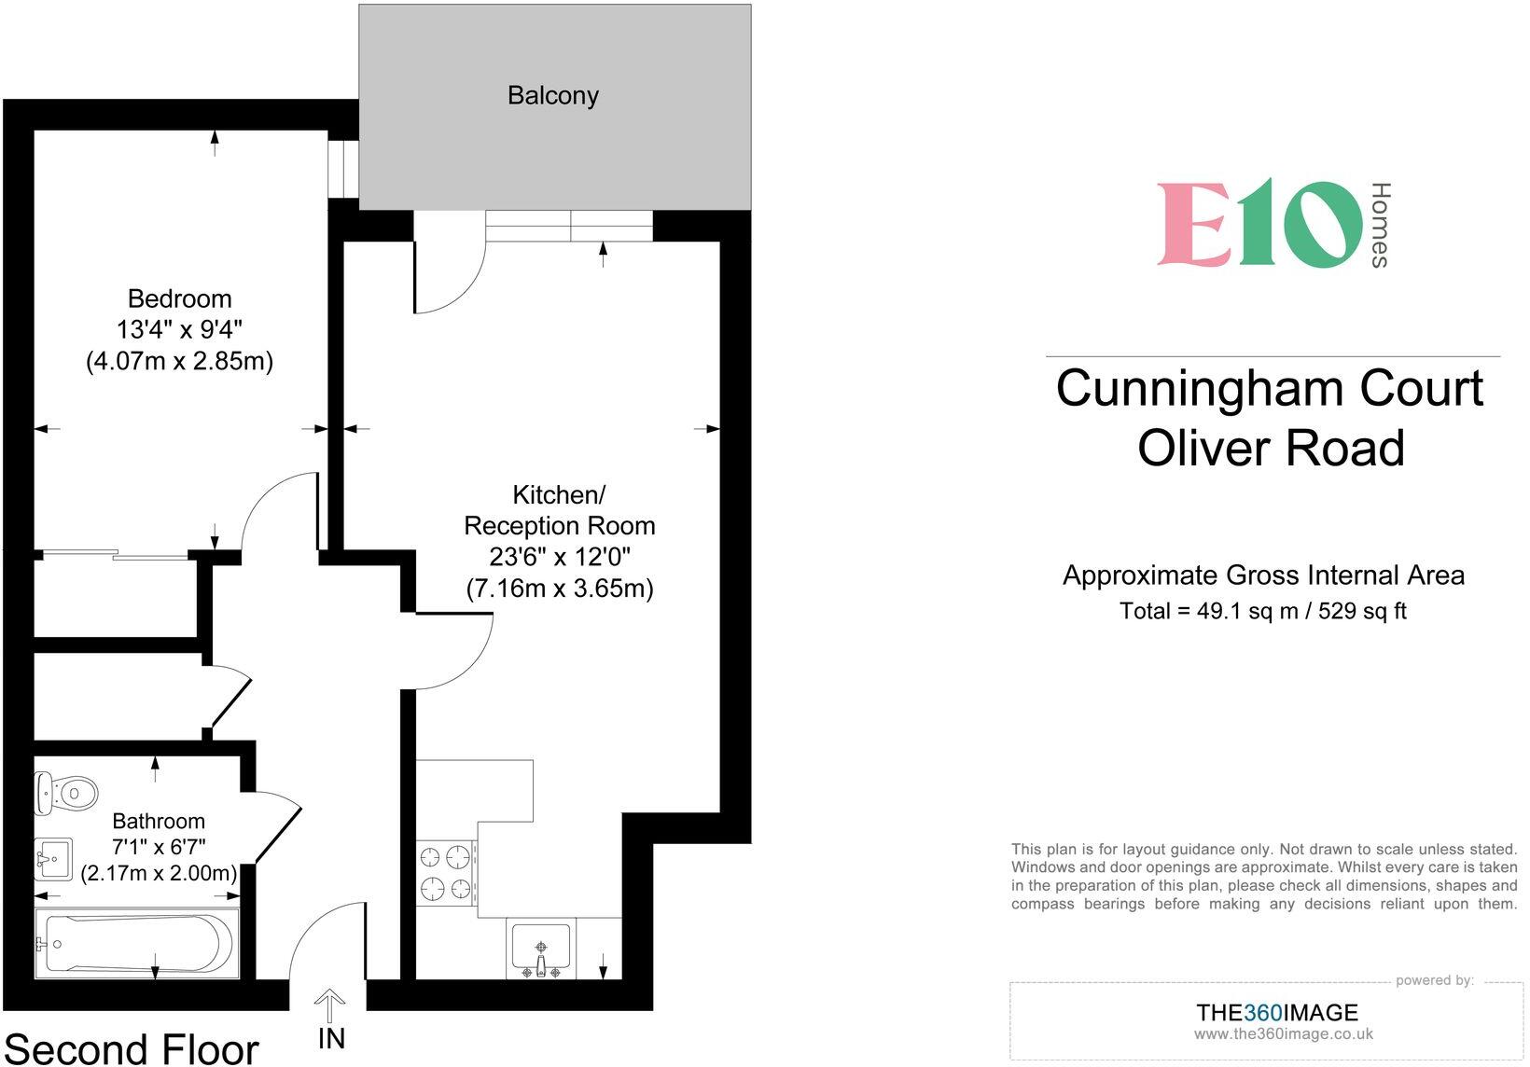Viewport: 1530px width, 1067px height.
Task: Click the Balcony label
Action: tap(552, 95)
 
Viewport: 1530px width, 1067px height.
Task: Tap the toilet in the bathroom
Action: tap(67, 793)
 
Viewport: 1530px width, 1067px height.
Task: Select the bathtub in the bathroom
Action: tap(136, 943)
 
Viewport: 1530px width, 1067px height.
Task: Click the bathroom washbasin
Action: tap(54, 857)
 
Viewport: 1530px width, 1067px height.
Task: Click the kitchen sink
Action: tap(541, 948)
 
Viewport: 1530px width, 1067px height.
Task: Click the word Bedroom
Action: tap(179, 298)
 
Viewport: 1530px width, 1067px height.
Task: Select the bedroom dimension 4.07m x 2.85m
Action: tap(179, 361)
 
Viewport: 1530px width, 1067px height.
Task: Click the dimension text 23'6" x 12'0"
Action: tap(560, 557)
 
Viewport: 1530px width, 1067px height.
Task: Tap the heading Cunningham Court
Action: tap(1270, 388)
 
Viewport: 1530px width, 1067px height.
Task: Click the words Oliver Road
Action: tap(1271, 448)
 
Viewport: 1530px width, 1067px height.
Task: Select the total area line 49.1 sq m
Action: tap(1262, 611)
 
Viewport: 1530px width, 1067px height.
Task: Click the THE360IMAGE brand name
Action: tap(1276, 1012)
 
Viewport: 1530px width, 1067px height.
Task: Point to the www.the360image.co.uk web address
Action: tap(1283, 1033)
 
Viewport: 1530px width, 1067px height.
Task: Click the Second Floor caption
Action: tap(132, 1049)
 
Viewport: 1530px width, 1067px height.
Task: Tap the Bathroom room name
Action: tap(159, 821)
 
